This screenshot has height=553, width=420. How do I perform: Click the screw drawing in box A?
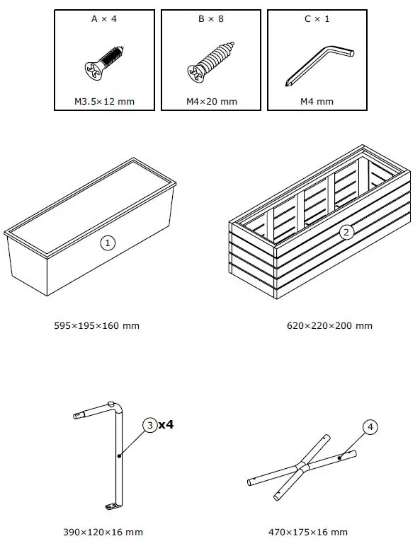(x=104, y=62)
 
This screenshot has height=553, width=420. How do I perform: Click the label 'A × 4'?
(x=104, y=19)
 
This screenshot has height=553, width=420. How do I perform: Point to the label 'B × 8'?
(x=210, y=19)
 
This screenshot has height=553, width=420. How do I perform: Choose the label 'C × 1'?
(x=317, y=19)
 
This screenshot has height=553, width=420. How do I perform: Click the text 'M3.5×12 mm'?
(x=105, y=102)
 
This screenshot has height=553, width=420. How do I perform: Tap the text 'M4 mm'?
(x=317, y=102)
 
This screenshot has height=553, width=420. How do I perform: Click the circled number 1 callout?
(x=108, y=243)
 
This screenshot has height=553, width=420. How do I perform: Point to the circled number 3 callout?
(x=150, y=425)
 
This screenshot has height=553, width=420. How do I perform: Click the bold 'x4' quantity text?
(x=166, y=425)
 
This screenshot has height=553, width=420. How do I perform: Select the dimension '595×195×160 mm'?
(x=97, y=326)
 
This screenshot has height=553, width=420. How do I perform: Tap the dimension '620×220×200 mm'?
(x=329, y=326)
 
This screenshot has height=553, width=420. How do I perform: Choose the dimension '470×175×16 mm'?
(x=308, y=532)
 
